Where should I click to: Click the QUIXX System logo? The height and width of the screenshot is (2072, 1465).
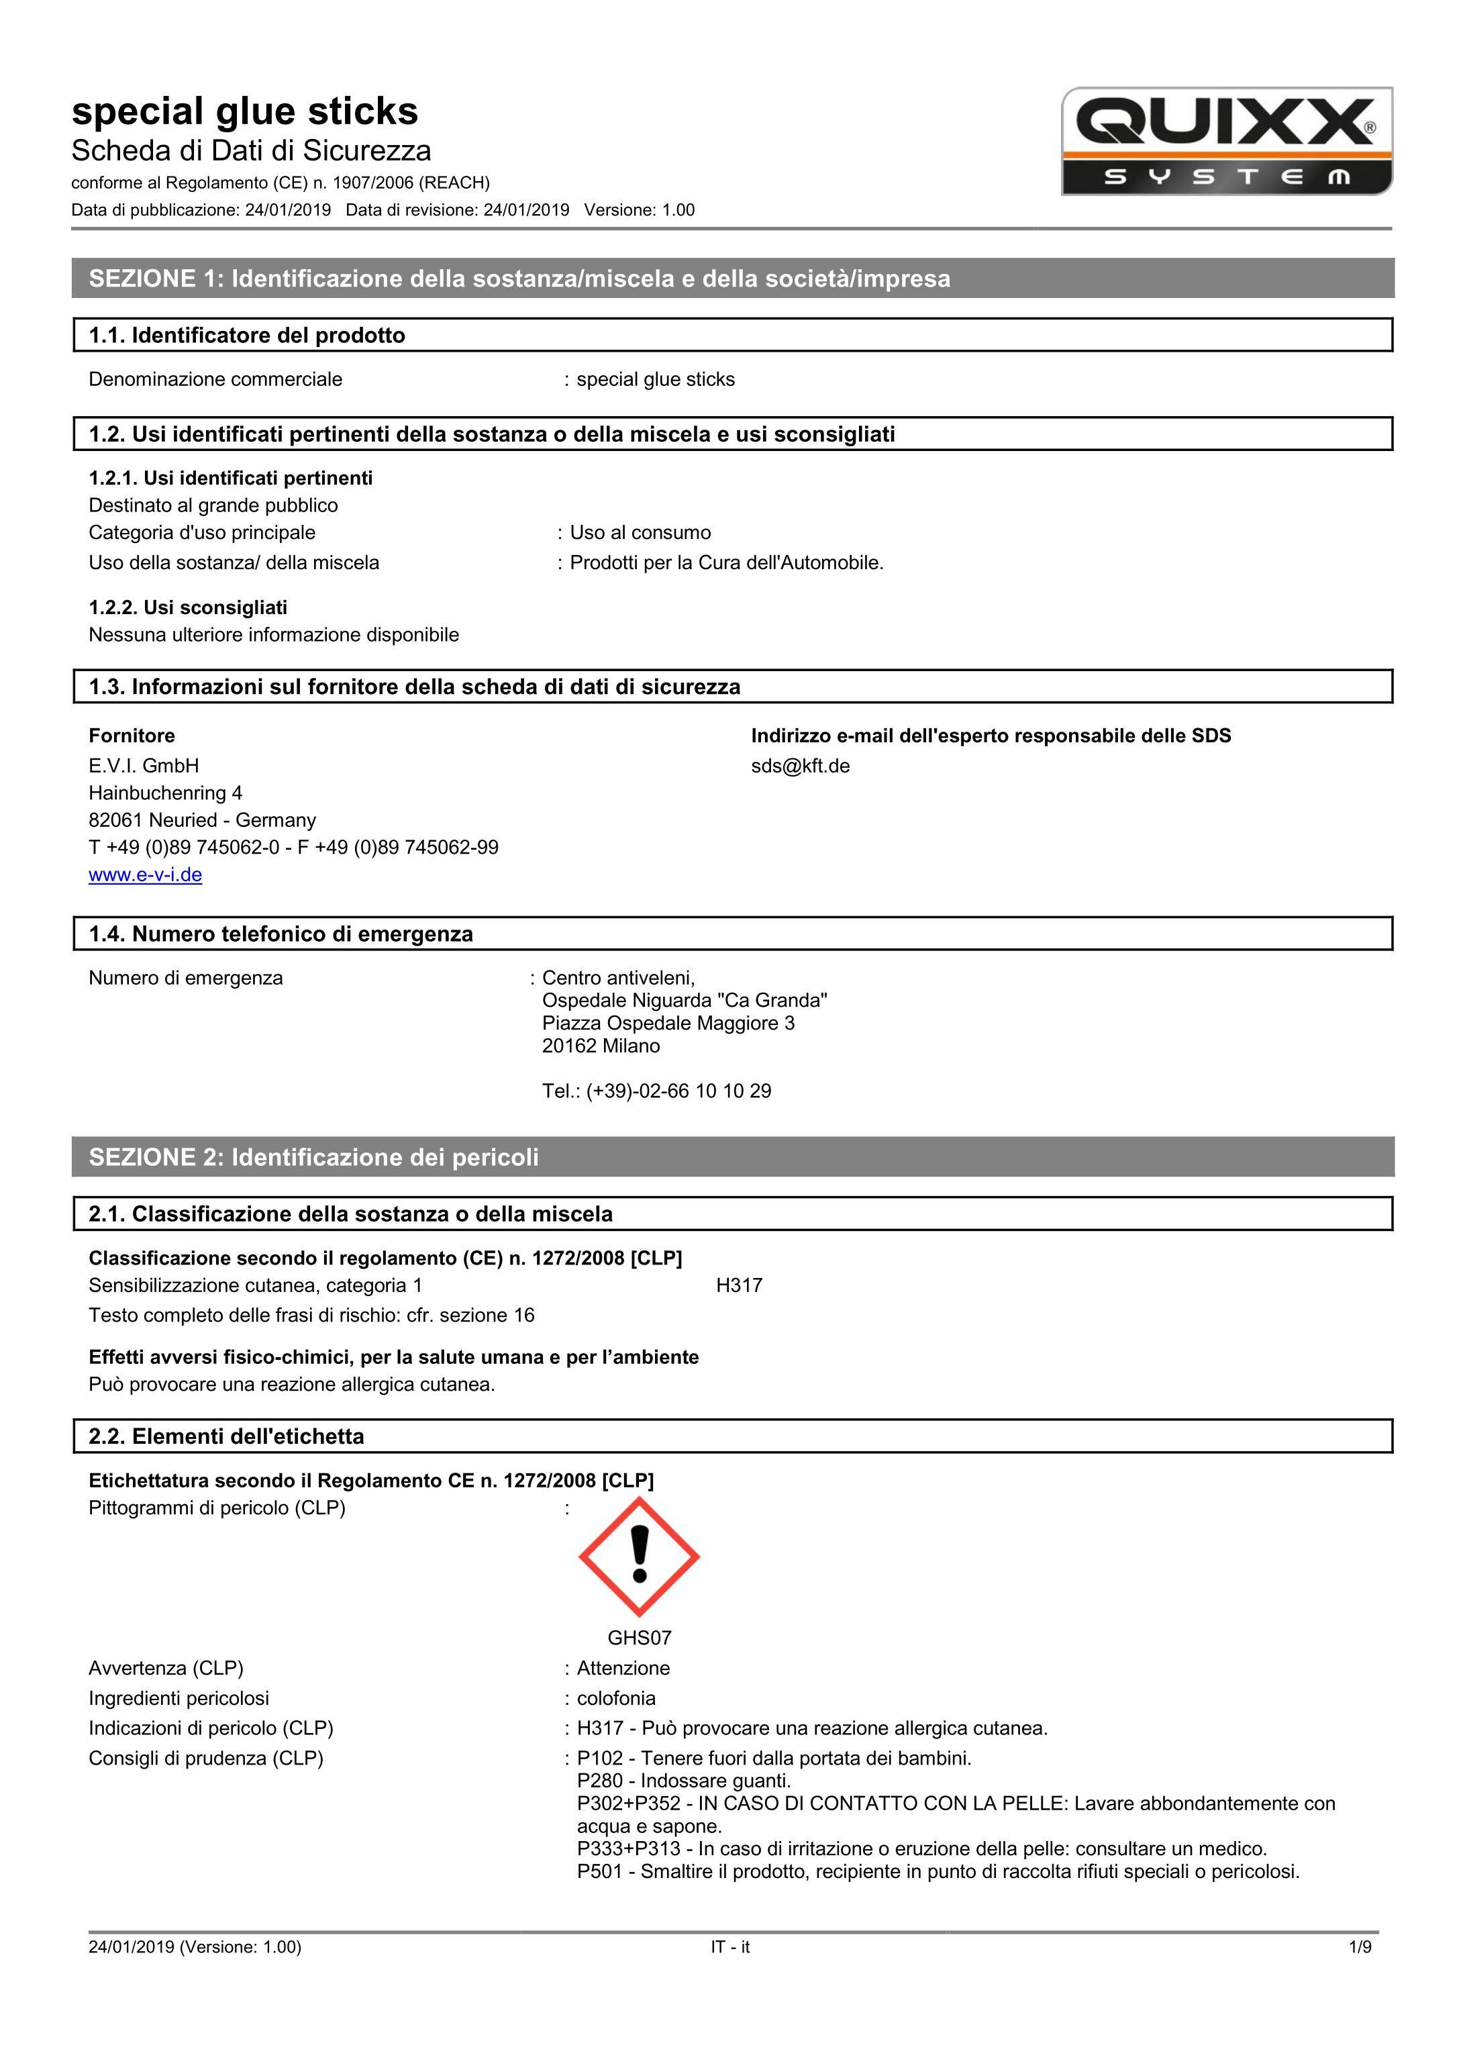tap(1226, 142)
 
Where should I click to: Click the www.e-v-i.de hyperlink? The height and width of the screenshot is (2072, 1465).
tap(145, 875)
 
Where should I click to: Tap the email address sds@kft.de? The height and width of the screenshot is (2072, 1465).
tap(800, 766)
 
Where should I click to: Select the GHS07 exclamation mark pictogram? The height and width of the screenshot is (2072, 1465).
tap(639, 1556)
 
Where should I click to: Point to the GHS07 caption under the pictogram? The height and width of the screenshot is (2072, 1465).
tap(639, 1638)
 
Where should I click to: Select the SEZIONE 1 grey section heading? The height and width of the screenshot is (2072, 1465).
tap(519, 278)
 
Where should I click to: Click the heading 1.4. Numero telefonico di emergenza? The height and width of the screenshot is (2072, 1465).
tap(281, 934)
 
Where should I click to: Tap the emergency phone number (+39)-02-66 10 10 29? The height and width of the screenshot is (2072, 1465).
tap(678, 1091)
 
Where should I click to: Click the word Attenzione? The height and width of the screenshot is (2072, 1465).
tap(623, 1668)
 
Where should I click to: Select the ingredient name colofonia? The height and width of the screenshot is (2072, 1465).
tap(616, 1698)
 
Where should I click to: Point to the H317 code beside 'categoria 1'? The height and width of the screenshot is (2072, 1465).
tap(739, 1285)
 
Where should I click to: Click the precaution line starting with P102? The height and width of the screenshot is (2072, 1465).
tap(774, 1758)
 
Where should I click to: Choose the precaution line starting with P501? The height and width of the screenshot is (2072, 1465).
tap(938, 1872)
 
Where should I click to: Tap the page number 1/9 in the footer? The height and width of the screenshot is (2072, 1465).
tap(1360, 1946)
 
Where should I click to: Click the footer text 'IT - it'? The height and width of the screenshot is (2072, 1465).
tap(729, 1946)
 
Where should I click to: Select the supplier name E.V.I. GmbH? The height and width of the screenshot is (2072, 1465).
tap(144, 766)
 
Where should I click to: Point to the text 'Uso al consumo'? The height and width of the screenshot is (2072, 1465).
tap(640, 532)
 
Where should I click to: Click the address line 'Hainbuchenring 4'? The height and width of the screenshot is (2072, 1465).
tap(165, 793)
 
